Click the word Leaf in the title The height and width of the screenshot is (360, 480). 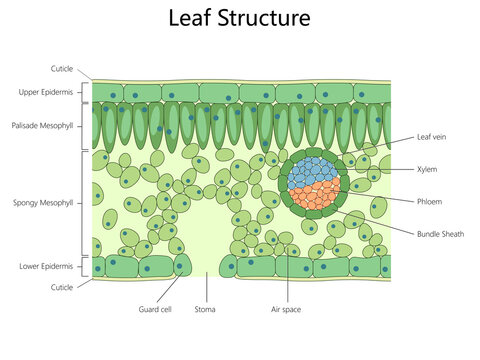pos(190,18)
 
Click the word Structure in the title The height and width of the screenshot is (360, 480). pos(264,18)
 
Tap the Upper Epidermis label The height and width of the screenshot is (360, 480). pos(46,92)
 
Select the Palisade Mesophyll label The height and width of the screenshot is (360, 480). pos(42,126)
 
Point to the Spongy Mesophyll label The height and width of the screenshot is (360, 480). pos(43,203)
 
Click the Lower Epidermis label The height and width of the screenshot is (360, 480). pos(46,266)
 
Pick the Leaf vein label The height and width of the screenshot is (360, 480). pos(431,137)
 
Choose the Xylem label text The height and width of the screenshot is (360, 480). pos(427,169)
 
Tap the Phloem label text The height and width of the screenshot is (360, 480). pos(429,202)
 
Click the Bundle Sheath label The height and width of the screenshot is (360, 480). pos(440,234)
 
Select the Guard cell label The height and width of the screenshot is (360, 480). pos(155,310)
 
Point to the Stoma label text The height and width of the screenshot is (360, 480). pos(205,309)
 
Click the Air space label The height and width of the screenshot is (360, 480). pos(286,310)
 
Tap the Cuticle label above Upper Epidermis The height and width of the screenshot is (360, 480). pos(62,69)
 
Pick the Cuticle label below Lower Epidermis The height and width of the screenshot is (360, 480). pos(62,287)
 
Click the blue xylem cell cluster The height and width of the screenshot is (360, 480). pos(312,172)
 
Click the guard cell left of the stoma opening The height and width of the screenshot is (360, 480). pos(182,265)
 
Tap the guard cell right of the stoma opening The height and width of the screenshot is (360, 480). pos(228,266)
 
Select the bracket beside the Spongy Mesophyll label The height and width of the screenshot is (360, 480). pos(82,203)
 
